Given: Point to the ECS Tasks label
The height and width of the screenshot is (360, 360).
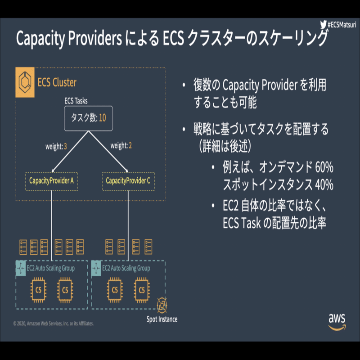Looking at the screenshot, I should coord(76,101).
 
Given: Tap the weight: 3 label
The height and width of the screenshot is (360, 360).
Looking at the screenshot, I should coord(56,146).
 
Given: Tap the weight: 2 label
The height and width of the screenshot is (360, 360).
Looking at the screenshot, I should coord(121,146).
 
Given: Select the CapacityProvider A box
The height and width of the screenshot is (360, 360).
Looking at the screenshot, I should coord(51,181).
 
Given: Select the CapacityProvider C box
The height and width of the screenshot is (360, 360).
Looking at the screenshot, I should coord(128,181).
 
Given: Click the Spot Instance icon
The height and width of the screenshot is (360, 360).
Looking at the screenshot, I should coord(162,306).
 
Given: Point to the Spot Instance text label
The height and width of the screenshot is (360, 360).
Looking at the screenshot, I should coord(162,319).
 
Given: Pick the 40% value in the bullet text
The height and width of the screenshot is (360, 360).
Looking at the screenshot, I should coord(323,185).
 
